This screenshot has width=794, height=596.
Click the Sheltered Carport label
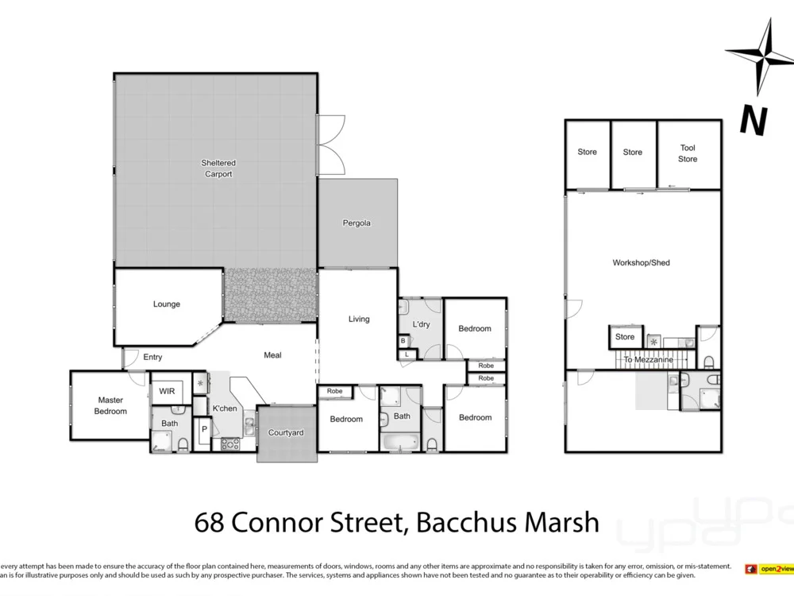click(218, 168)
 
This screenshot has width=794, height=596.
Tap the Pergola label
click(357, 223)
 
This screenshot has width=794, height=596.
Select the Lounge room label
click(167, 304)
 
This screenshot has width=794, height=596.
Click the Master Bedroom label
click(110, 405)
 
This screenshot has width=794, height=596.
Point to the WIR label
click(167, 392)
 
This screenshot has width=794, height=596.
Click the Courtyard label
click(286, 433)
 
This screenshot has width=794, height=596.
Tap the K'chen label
click(225, 408)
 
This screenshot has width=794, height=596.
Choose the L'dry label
click(421, 324)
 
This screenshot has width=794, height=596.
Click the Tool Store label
click(688, 153)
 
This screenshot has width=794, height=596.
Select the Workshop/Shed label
click(641, 262)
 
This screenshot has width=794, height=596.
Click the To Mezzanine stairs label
click(648, 360)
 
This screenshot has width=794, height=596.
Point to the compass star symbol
click(760, 57)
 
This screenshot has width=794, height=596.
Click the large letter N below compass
click(753, 120)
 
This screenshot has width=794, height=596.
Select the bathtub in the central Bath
click(400, 442)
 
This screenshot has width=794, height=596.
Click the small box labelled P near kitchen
click(203, 430)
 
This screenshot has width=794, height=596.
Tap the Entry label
click(152, 358)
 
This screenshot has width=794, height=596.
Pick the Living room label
click(359, 319)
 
